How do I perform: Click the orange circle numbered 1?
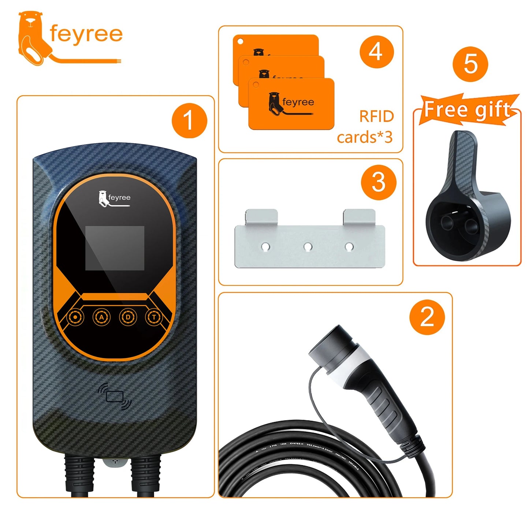coord(189,120)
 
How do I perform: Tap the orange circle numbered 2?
coord(427,317)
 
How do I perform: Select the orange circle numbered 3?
coord(378,182)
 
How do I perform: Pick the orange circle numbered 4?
coord(376,52)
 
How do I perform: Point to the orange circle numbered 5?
coord(470,64)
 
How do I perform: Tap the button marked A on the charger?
coord(101,317)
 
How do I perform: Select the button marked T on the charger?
coord(154,317)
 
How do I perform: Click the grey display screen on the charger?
coord(115,248)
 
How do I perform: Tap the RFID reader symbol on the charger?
coord(115,396)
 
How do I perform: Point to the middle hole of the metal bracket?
coord(308,247)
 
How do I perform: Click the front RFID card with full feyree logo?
coord(291,104)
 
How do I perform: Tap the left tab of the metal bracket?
coord(261,217)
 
